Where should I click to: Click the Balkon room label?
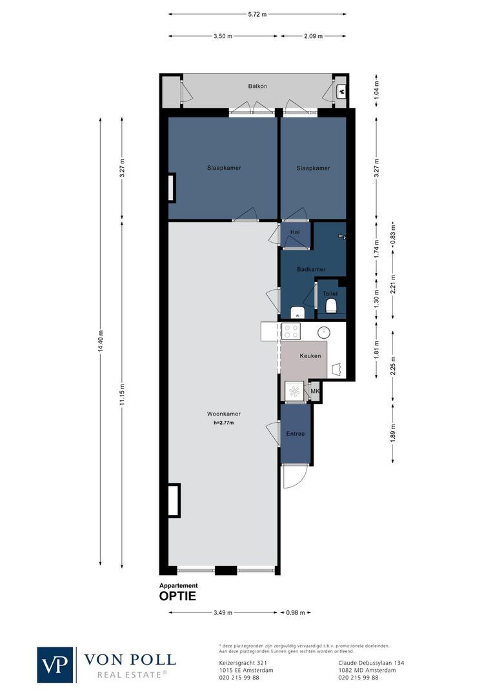tap(257, 86)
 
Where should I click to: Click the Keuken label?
tap(310, 356)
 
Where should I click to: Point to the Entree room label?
tap(296, 434)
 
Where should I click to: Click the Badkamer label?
tap(311, 269)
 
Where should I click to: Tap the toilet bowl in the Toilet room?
tap(332, 306)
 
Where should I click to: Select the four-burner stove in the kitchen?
tap(291, 332)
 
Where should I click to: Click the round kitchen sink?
tap(324, 332)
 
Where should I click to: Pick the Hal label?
tap(296, 232)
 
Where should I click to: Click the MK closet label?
tap(315, 391)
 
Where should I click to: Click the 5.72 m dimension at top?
tap(257, 13)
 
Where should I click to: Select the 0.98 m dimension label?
tap(295, 612)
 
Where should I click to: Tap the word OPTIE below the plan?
tap(177, 596)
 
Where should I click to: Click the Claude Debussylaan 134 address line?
tap(371, 663)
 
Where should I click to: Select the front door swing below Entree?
tap(292, 477)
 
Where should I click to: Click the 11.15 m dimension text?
tap(123, 396)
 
